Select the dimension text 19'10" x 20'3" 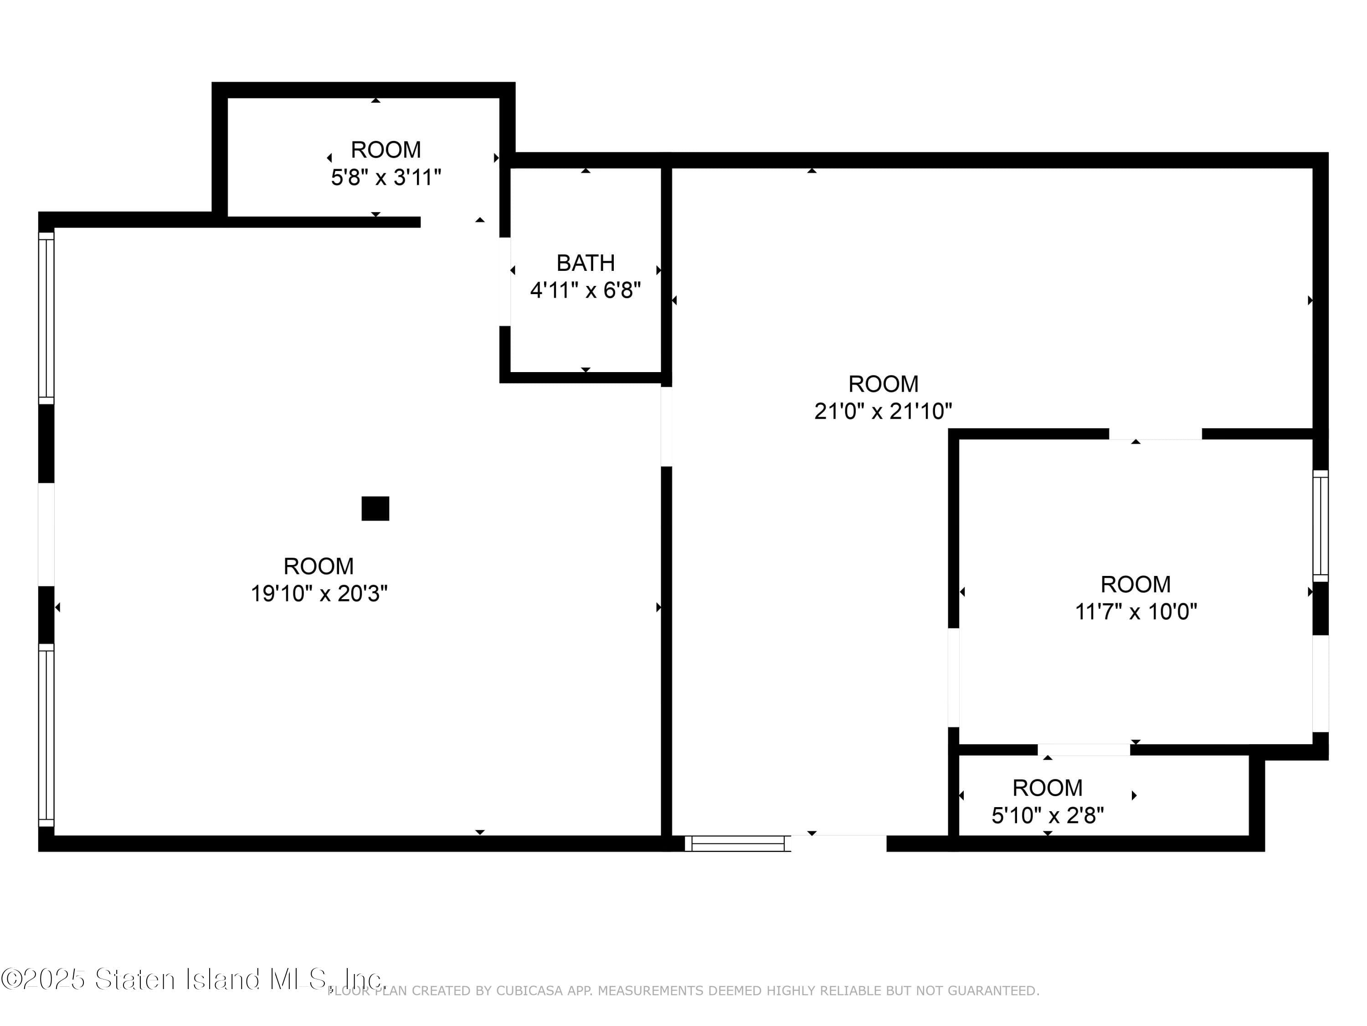click(319, 594)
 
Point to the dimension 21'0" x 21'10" click(883, 411)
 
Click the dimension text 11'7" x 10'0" click(1136, 611)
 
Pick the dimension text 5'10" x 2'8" click(1048, 816)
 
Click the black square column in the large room click(375, 508)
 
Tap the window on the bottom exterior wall click(738, 843)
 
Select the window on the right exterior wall click(1320, 526)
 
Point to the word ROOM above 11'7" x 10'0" click(1136, 585)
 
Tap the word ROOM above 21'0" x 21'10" click(883, 384)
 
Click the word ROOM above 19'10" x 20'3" click(319, 566)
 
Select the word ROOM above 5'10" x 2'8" click(1048, 788)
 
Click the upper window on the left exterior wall click(46, 318)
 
